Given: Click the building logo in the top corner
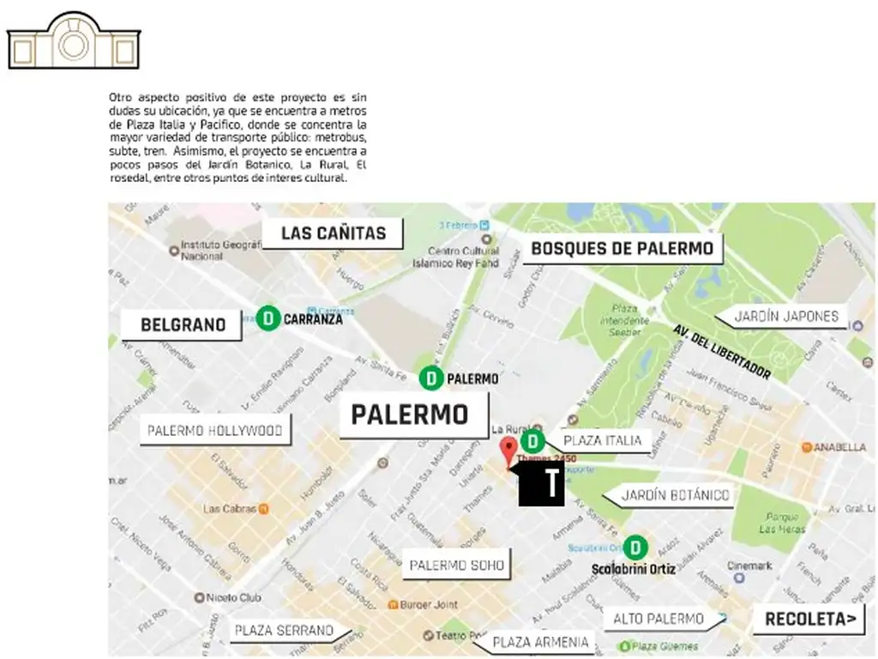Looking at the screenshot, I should pos(73,41).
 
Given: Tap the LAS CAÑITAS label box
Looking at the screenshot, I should pos(333,233).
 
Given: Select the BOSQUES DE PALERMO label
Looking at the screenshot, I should pos(622,249).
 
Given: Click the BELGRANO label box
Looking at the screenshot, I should pos(183,324).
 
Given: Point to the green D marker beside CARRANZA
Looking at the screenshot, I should pos(268,318).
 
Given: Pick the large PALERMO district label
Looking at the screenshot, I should pos(410,415).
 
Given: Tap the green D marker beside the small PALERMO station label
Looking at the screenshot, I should pos(431,378).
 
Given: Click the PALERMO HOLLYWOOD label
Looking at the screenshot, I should pos(214,431).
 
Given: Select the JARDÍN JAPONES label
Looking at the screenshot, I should pos(786,317).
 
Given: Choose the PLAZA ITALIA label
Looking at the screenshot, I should pos(602,441).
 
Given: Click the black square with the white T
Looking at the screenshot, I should pos(542,484).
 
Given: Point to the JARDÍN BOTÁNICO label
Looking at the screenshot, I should pos(675,495).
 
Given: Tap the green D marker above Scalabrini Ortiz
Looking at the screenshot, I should pos(635,547).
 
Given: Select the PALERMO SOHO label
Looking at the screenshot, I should pos(456,565).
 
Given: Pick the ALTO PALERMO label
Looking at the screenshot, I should pos(658,619).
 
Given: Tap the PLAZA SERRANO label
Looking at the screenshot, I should pos(284,631).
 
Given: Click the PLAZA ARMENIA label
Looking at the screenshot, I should pos(541,642).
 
